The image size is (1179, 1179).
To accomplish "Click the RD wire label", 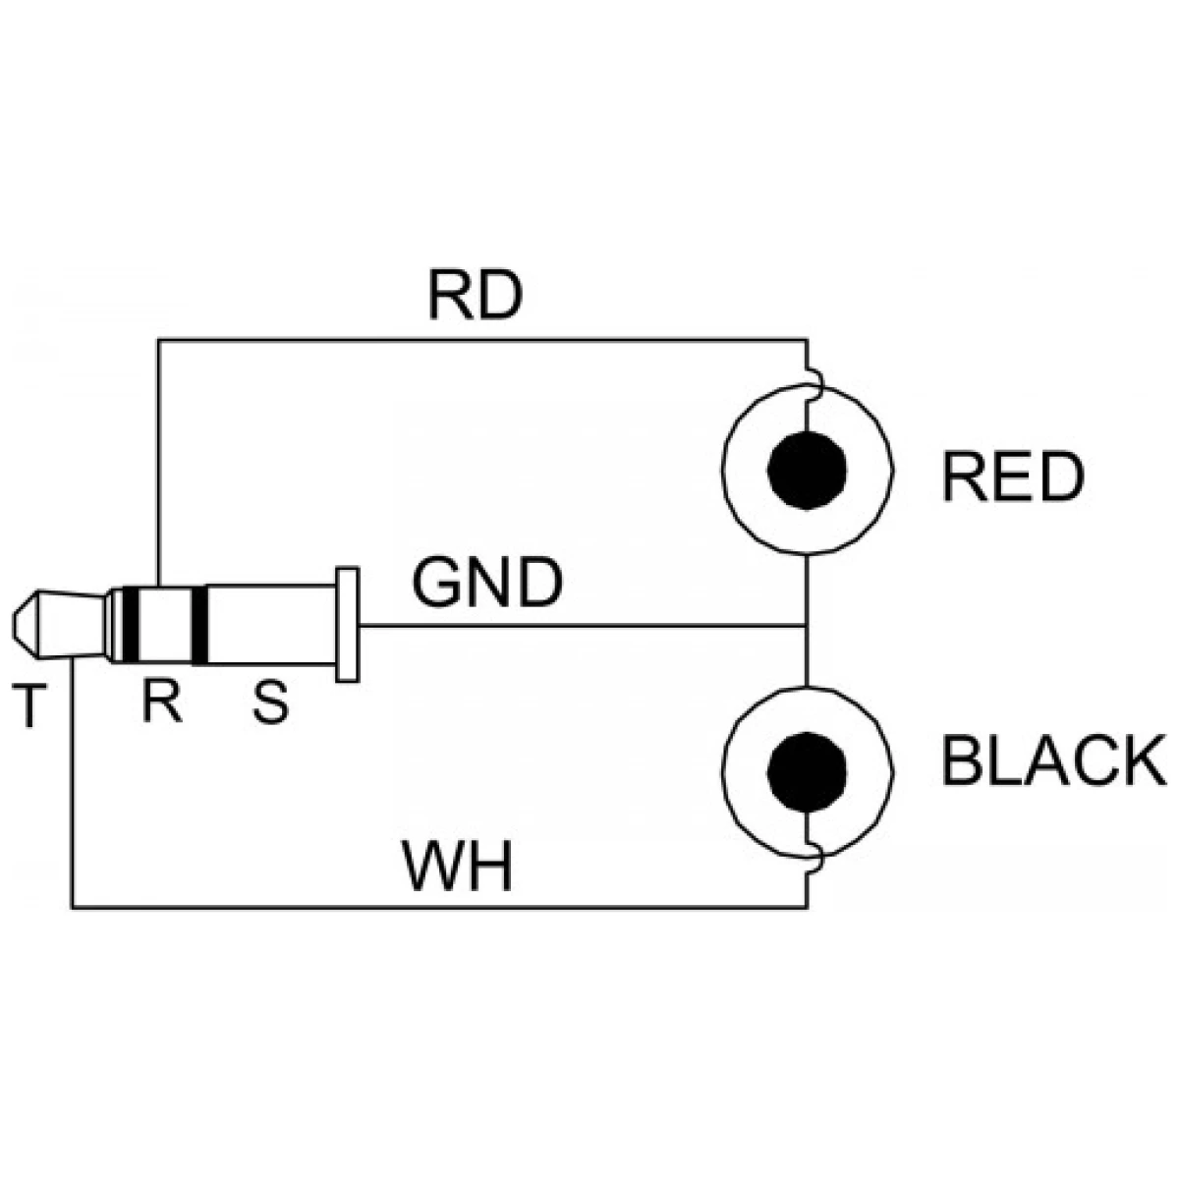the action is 476,296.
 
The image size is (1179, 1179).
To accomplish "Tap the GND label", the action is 487,582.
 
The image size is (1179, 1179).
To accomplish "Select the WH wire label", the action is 457,866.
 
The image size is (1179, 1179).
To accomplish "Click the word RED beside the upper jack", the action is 1013,477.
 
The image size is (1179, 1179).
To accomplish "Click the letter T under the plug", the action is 29,706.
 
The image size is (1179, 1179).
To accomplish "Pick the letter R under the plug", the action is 161,702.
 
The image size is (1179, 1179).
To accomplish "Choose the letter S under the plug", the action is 270,702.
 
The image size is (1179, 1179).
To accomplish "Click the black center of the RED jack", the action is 807,470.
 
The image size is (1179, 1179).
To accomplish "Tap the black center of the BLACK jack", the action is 807,772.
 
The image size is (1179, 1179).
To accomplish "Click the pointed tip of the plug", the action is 14,625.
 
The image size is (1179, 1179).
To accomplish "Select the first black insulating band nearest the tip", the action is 131,624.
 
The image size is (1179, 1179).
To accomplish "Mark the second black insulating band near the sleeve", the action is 200,625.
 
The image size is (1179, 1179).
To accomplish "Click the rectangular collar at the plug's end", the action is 347,624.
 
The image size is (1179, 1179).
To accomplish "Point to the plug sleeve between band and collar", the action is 272,625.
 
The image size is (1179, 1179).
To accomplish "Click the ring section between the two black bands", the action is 166,625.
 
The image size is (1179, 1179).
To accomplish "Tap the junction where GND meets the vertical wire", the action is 807,626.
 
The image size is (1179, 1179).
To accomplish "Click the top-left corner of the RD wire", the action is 158,340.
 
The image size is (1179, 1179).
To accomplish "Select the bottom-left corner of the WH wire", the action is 73,908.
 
